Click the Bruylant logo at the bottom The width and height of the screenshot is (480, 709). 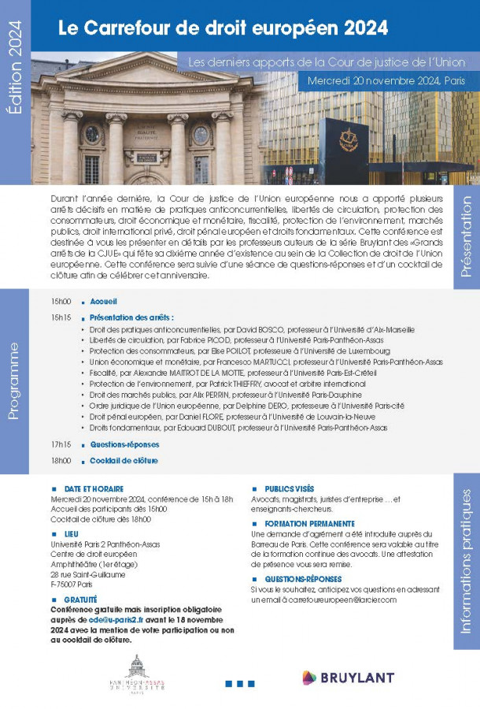pyautogui.click(x=349, y=677)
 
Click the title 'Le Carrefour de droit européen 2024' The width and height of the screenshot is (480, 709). pyautogui.click(x=223, y=28)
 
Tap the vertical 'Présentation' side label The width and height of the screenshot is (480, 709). pyautogui.click(x=465, y=236)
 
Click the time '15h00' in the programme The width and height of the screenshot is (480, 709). pyautogui.click(x=61, y=302)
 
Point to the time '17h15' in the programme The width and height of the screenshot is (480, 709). pyautogui.click(x=61, y=444)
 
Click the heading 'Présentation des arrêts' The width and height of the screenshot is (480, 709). pyautogui.click(x=131, y=317)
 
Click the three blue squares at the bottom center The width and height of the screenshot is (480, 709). pyautogui.click(x=239, y=683)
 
